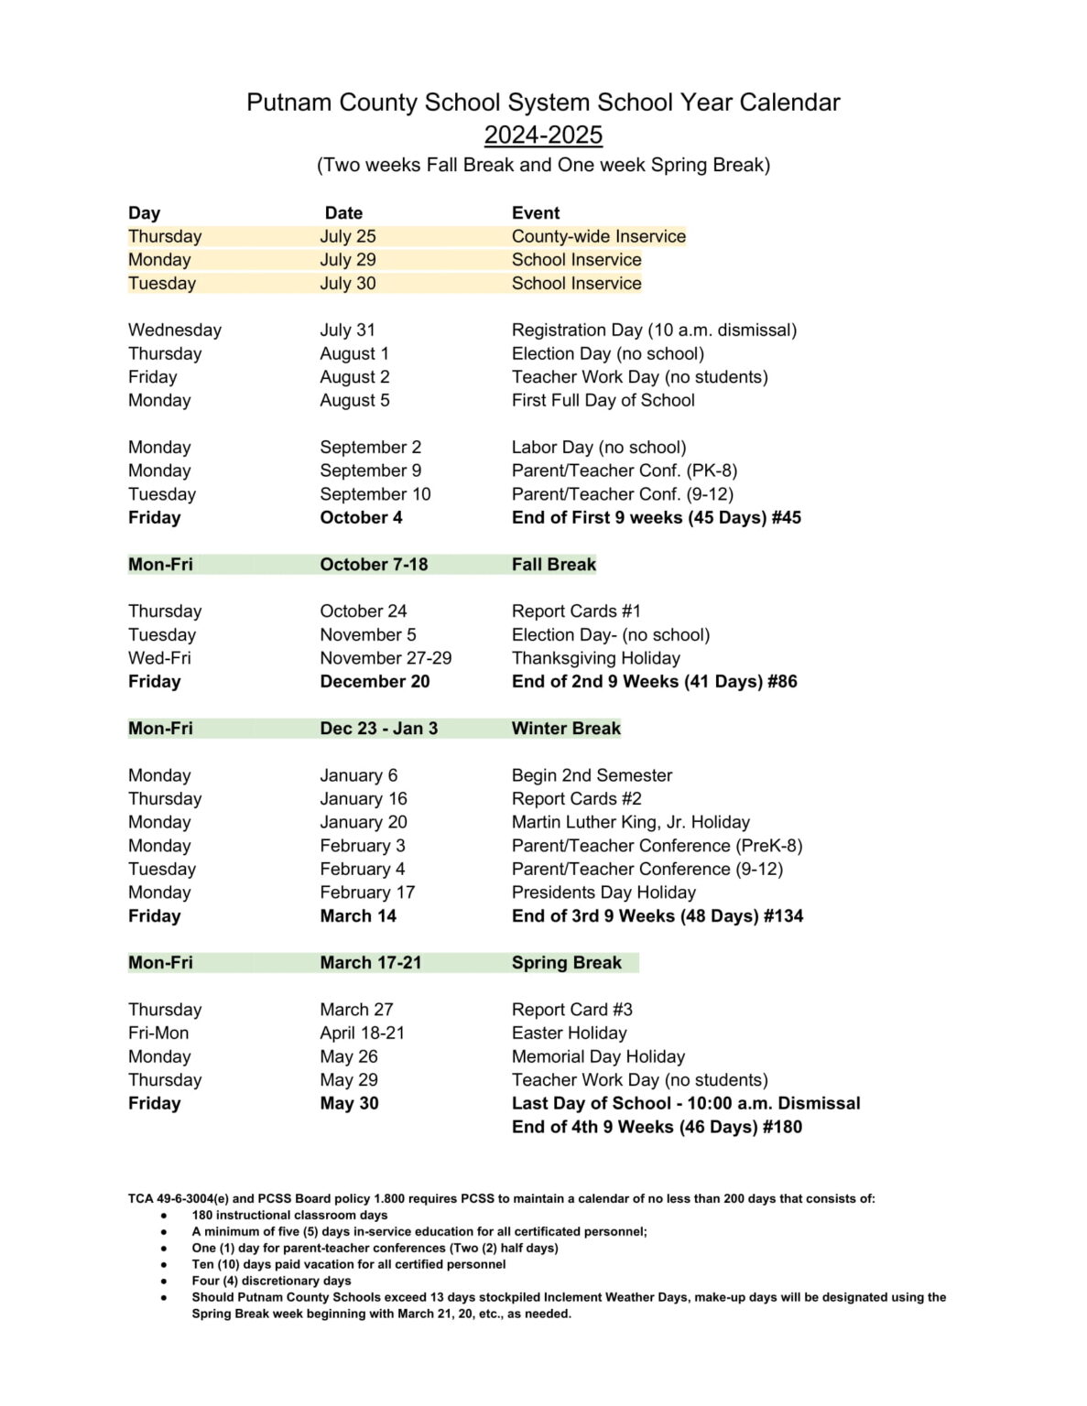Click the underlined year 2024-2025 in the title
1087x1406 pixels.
pyautogui.click(x=543, y=135)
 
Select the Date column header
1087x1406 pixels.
pyautogui.click(x=343, y=213)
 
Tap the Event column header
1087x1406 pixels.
pyautogui.click(x=536, y=213)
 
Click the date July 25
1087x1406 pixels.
pyautogui.click(x=348, y=236)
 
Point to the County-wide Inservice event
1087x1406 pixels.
pyautogui.click(x=598, y=236)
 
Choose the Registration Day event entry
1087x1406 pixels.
pyautogui.click(x=654, y=330)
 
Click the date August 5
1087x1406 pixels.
pyautogui.click(x=354, y=400)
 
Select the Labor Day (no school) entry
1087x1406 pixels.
pyautogui.click(x=599, y=447)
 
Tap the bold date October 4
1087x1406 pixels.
pyautogui.click(x=361, y=517)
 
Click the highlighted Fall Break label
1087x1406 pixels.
pyautogui.click(x=553, y=564)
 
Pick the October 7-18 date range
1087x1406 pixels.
pyautogui.click(x=374, y=564)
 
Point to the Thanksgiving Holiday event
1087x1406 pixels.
pyautogui.click(x=595, y=658)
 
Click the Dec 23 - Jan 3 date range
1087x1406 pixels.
pyautogui.click(x=378, y=729)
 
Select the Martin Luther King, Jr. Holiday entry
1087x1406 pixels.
pyautogui.click(x=630, y=822)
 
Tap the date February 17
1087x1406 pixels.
pyautogui.click(x=367, y=892)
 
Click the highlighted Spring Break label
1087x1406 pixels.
pyautogui.click(x=566, y=963)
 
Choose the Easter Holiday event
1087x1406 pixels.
pyautogui.click(x=569, y=1033)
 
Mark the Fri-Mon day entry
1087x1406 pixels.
pyautogui.click(x=158, y=1033)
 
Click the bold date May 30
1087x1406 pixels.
pyautogui.click(x=349, y=1104)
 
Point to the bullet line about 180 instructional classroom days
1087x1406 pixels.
pyautogui.click(x=289, y=1216)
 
